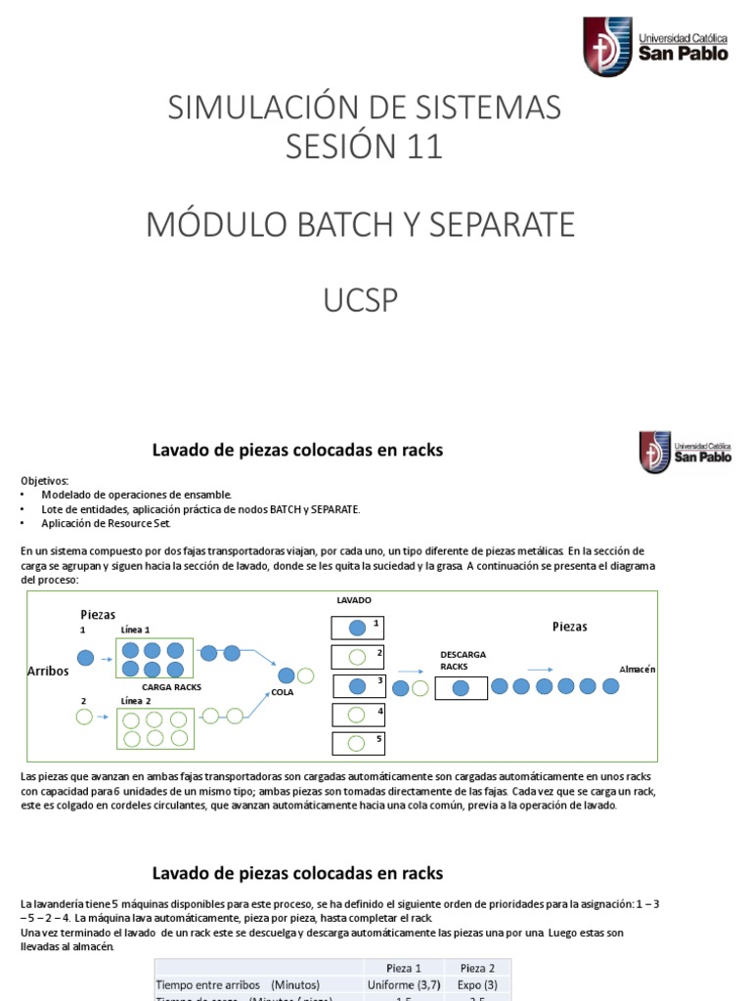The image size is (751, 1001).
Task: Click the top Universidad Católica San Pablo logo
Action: tap(655, 46)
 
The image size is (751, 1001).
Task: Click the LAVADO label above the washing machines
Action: tap(353, 599)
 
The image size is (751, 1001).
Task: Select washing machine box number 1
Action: tap(359, 628)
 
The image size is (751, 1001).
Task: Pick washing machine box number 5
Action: tap(359, 744)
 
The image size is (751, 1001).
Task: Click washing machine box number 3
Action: tap(359, 686)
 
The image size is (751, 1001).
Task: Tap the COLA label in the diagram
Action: tap(283, 692)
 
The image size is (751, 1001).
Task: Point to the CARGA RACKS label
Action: tap(172, 687)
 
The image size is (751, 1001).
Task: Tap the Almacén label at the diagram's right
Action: tap(637, 669)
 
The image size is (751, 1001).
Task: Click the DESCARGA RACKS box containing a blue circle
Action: tap(461, 688)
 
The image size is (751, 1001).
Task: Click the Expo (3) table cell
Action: tap(477, 983)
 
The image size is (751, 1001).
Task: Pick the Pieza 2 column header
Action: tap(477, 967)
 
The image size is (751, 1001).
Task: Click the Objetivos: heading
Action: tap(45, 481)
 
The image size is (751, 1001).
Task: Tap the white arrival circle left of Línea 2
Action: tap(84, 718)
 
